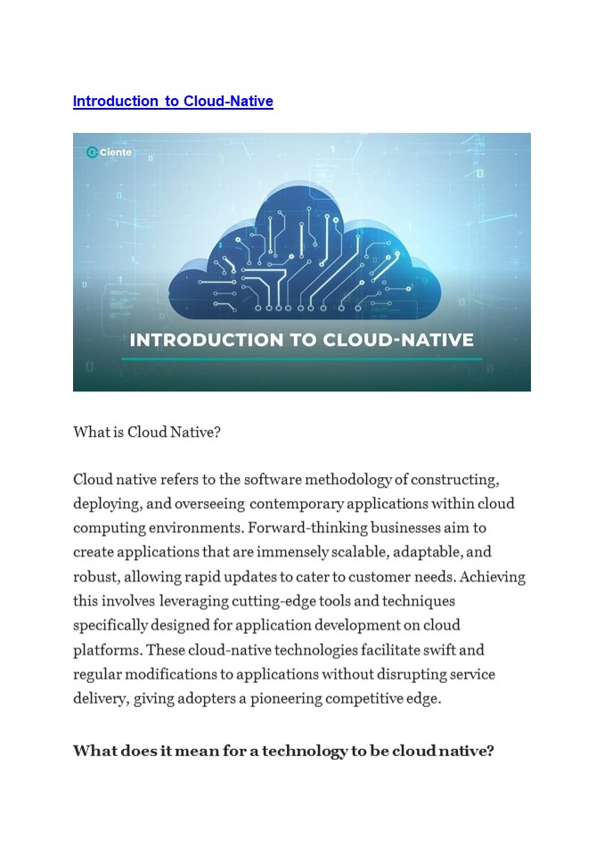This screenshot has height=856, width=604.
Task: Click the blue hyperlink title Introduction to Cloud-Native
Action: pyautogui.click(x=173, y=102)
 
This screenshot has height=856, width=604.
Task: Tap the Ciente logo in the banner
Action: pyautogui.click(x=108, y=152)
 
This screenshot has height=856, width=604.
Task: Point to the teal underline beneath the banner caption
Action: pyautogui.click(x=301, y=359)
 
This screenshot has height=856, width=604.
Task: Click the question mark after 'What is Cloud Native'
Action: pyautogui.click(x=217, y=432)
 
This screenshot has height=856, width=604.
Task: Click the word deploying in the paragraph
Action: pyautogui.click(x=103, y=503)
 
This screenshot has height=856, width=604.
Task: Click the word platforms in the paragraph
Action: pyautogui.click(x=105, y=650)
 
